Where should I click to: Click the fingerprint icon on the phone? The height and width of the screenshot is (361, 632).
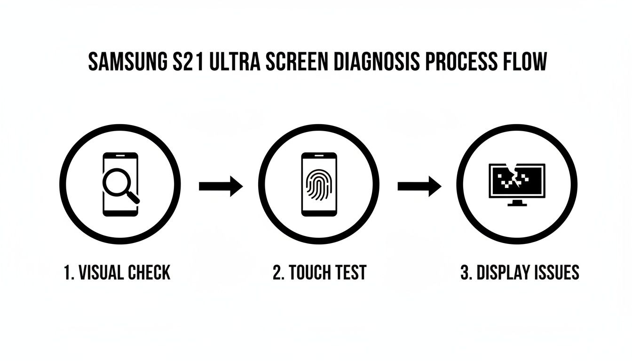(319, 185)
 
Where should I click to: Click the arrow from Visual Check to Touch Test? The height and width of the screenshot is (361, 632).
(221, 187)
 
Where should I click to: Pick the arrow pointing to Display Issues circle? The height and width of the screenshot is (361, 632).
(419, 187)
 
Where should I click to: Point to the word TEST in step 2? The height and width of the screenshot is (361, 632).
(350, 273)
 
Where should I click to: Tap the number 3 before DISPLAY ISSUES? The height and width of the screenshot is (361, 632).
(465, 273)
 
